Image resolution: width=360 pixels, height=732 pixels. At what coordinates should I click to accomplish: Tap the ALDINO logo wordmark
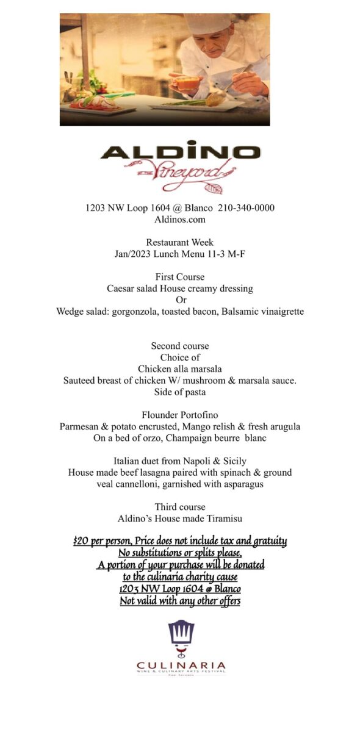pos(180,152)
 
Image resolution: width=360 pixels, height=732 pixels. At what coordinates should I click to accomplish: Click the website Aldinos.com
pos(180,220)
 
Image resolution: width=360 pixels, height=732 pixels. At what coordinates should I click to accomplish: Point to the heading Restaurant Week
pos(180,243)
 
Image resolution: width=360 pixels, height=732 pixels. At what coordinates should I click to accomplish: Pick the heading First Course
pos(180,277)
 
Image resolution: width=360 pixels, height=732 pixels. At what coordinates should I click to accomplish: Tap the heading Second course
pos(180,346)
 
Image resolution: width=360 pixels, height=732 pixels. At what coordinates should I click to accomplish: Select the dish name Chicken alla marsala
pos(180,369)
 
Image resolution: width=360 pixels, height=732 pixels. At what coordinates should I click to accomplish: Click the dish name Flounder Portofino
pos(180,415)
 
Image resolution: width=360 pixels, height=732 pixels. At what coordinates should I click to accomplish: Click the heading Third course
pos(180,507)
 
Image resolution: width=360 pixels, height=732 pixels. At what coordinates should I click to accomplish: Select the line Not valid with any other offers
pos(180,601)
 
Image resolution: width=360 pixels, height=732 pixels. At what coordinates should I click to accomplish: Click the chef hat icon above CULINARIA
pos(181,634)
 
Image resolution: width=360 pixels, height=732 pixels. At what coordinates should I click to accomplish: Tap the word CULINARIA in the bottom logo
pos(181,665)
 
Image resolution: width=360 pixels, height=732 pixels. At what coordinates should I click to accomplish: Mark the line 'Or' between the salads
pos(181,300)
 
